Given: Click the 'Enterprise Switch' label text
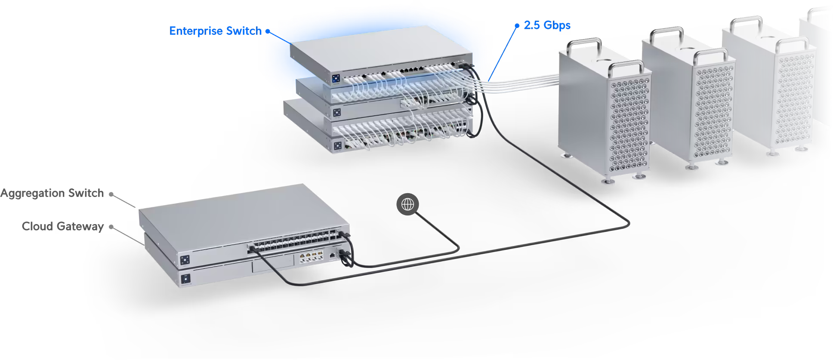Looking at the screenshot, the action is tap(215, 31).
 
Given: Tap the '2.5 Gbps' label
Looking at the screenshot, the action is tap(547, 25).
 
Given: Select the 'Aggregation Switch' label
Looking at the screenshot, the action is tap(52, 194).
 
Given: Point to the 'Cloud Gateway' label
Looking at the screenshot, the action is tap(63, 227).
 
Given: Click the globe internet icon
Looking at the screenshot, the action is tap(407, 204).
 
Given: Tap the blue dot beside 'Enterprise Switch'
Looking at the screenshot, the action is tap(268, 31).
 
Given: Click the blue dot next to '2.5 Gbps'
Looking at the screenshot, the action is tap(517, 26).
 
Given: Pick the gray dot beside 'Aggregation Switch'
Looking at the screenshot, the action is tap(111, 194).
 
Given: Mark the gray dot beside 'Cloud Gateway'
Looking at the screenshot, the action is tap(111, 227).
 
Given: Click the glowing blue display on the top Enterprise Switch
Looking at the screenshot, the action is tap(336, 78).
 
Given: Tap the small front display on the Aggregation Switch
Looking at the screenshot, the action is tap(185, 260).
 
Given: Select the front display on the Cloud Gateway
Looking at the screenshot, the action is tap(185, 279).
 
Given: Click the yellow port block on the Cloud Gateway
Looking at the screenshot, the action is tap(311, 257).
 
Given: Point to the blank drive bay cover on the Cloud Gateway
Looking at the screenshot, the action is tap(273, 264).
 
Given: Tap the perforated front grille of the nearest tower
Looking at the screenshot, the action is tap(629, 125).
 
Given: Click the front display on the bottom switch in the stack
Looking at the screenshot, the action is tap(338, 146).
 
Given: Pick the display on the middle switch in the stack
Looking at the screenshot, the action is tap(337, 113).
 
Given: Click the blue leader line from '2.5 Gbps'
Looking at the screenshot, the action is tap(503, 53).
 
